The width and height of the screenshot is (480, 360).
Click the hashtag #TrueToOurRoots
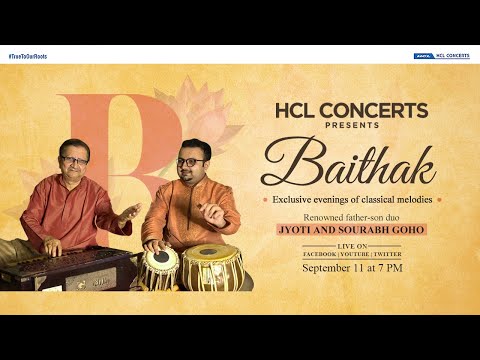(x=27, y=56)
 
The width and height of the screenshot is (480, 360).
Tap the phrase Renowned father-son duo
(x=356, y=217)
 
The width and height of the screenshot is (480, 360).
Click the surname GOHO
(x=410, y=231)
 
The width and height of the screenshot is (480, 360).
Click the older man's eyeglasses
(x=75, y=160)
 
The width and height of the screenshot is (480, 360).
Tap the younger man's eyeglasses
(x=193, y=160)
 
